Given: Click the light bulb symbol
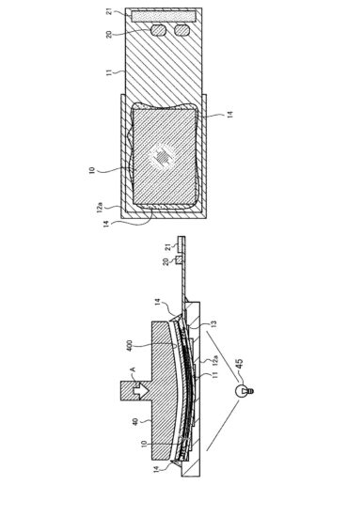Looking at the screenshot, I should (247, 389).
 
